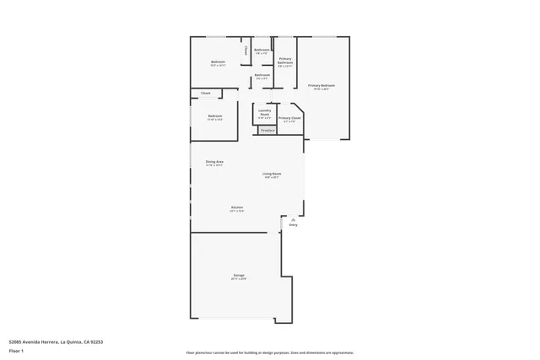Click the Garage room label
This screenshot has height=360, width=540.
(239, 277)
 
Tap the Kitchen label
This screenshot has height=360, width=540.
(237, 208)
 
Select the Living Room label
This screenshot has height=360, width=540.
(272, 175)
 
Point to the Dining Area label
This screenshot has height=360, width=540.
(214, 162)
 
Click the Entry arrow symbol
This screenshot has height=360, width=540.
(293, 218)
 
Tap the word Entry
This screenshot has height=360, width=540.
(293, 225)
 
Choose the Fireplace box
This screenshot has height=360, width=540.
(267, 131)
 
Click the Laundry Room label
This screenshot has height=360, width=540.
(264, 112)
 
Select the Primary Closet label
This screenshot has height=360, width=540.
(289, 119)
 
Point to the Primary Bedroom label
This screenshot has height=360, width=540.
(321, 86)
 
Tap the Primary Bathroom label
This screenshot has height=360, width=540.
(285, 60)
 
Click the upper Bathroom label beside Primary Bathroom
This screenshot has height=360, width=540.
(262, 50)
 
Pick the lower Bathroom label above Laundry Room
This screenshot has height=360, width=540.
(262, 76)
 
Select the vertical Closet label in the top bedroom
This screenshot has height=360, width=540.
(246, 51)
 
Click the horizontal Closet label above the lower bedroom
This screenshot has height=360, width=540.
(205, 93)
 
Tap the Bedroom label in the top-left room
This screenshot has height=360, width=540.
(217, 62)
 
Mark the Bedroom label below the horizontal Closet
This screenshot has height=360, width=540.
(214, 116)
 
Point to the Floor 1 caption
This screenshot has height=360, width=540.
(16, 350)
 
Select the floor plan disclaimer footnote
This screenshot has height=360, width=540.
(270, 352)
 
